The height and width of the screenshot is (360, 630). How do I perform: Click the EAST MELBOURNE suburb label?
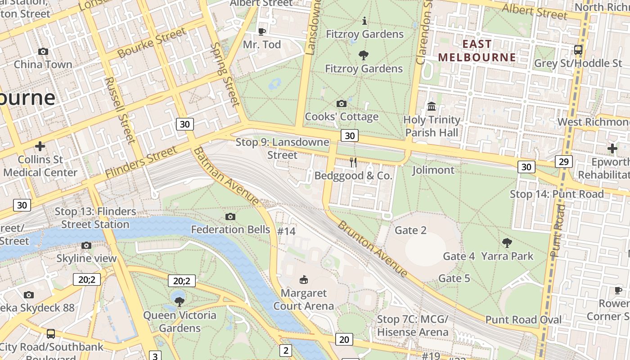tap(477, 50)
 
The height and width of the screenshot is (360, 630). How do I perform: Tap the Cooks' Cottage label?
tap(342, 117)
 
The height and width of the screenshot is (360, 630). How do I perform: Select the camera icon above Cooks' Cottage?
tap(342, 104)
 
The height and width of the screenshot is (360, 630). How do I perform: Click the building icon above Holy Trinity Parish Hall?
tap(432, 107)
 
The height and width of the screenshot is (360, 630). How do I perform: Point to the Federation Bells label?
tap(230, 229)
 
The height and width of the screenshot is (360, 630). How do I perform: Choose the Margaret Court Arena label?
tap(304, 299)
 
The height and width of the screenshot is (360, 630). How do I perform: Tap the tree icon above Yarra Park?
tap(507, 243)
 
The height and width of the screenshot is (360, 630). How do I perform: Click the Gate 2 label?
tap(410, 230)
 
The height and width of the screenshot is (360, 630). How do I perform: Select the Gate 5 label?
tap(454, 279)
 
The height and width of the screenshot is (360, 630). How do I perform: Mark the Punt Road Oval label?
tap(523, 320)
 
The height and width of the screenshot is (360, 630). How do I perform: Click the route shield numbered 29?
tap(563, 162)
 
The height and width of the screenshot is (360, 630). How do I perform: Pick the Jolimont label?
tap(433, 170)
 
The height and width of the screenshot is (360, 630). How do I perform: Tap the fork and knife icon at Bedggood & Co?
tap(353, 162)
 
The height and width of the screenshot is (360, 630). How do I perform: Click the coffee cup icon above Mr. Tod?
tap(262, 31)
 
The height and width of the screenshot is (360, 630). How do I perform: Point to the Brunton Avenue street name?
tap(373, 248)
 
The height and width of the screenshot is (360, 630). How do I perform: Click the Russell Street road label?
tap(120, 110)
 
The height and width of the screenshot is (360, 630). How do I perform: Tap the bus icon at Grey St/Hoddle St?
tap(578, 50)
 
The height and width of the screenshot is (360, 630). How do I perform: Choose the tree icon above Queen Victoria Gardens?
tap(180, 301)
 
